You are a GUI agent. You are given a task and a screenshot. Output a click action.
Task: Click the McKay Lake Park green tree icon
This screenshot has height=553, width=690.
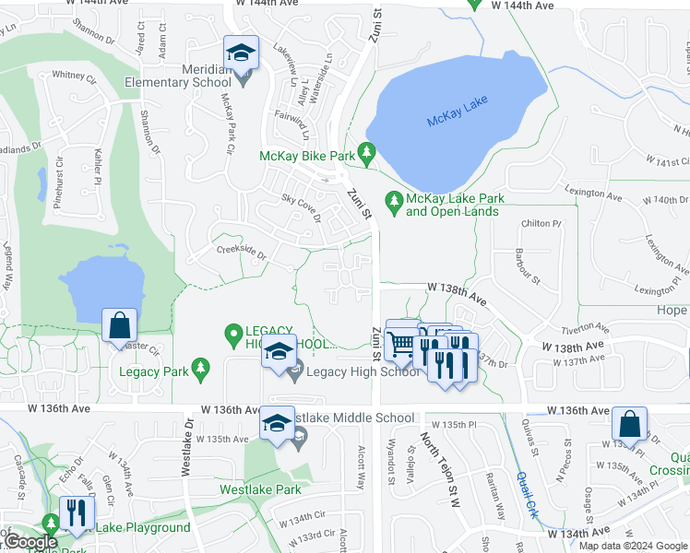pyautogui.click(x=395, y=199)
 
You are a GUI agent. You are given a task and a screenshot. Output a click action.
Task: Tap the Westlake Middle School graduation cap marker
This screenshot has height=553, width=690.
pyautogui.click(x=277, y=422)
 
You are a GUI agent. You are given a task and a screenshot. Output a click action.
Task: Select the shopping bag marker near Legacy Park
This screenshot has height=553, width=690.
pyautogui.click(x=120, y=324)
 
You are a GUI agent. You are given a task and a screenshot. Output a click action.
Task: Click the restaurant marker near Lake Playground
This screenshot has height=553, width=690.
pyautogui.click(x=76, y=512)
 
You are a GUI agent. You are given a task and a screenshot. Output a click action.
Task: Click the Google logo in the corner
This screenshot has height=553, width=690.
pyautogui.click(x=31, y=542)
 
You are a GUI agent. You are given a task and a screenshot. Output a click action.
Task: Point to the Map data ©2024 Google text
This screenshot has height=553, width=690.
pyautogui.click(x=632, y=546)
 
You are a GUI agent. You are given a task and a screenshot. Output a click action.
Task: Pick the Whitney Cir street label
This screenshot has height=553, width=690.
pyautogui.click(x=74, y=75)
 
